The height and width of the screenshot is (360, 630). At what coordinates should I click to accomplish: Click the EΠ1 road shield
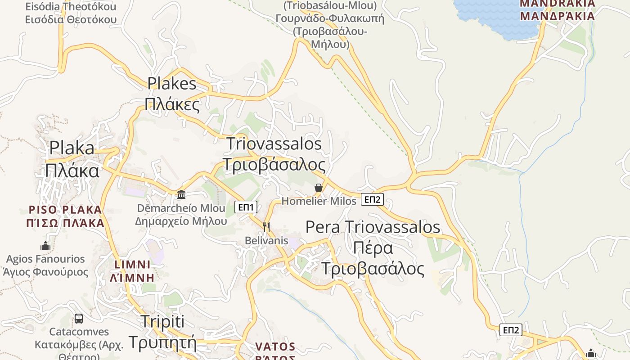[246, 207]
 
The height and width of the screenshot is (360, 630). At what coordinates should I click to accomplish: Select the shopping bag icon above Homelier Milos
[319, 188]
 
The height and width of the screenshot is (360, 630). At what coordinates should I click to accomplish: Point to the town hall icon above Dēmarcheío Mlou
[181, 194]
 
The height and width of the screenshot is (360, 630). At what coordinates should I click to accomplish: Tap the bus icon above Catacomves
[79, 319]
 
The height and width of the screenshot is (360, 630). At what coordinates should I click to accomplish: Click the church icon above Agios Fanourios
[45, 246]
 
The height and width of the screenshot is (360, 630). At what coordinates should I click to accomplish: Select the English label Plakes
[172, 84]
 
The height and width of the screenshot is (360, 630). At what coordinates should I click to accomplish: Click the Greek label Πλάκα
[72, 171]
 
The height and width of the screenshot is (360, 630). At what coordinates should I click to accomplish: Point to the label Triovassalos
[274, 144]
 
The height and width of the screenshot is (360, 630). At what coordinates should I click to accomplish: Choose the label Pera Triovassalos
[373, 227]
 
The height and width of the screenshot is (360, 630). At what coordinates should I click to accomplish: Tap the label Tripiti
[162, 322]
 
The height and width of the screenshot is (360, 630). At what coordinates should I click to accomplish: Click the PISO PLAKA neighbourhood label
[65, 210]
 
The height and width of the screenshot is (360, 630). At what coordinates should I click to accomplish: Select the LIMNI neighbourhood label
[132, 264]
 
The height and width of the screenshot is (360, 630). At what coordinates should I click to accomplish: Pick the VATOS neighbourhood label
[275, 347]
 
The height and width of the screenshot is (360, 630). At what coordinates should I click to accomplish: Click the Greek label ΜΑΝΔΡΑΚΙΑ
[557, 16]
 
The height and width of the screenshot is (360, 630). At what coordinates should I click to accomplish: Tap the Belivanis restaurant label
[266, 240]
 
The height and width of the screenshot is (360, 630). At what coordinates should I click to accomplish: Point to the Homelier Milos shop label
[319, 201]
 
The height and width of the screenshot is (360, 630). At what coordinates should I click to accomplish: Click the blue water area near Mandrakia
[495, 18]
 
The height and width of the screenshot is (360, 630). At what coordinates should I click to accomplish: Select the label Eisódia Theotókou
[71, 7]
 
